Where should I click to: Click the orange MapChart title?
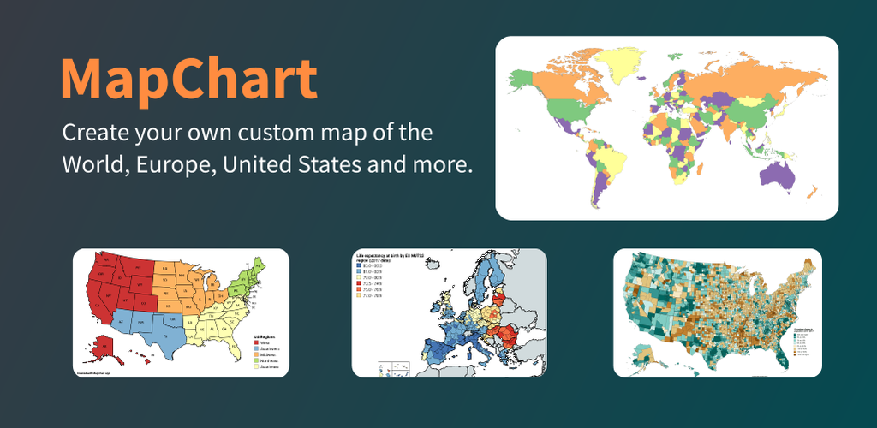188,80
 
